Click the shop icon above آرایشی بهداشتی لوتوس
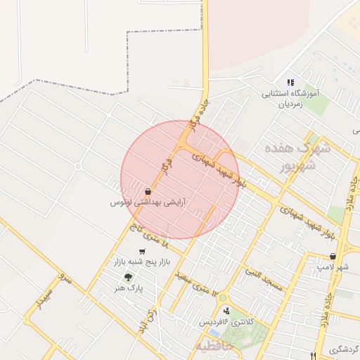[x=148, y=191]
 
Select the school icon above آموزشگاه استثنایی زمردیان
[x=290, y=83]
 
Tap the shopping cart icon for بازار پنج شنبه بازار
[x=142, y=251]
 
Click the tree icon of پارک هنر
[x=127, y=277]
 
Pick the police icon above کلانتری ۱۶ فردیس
[x=226, y=310]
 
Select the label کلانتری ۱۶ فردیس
[x=225, y=321]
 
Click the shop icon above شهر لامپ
[x=333, y=257]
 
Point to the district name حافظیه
[x=212, y=347]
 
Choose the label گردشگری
[x=344, y=349]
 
